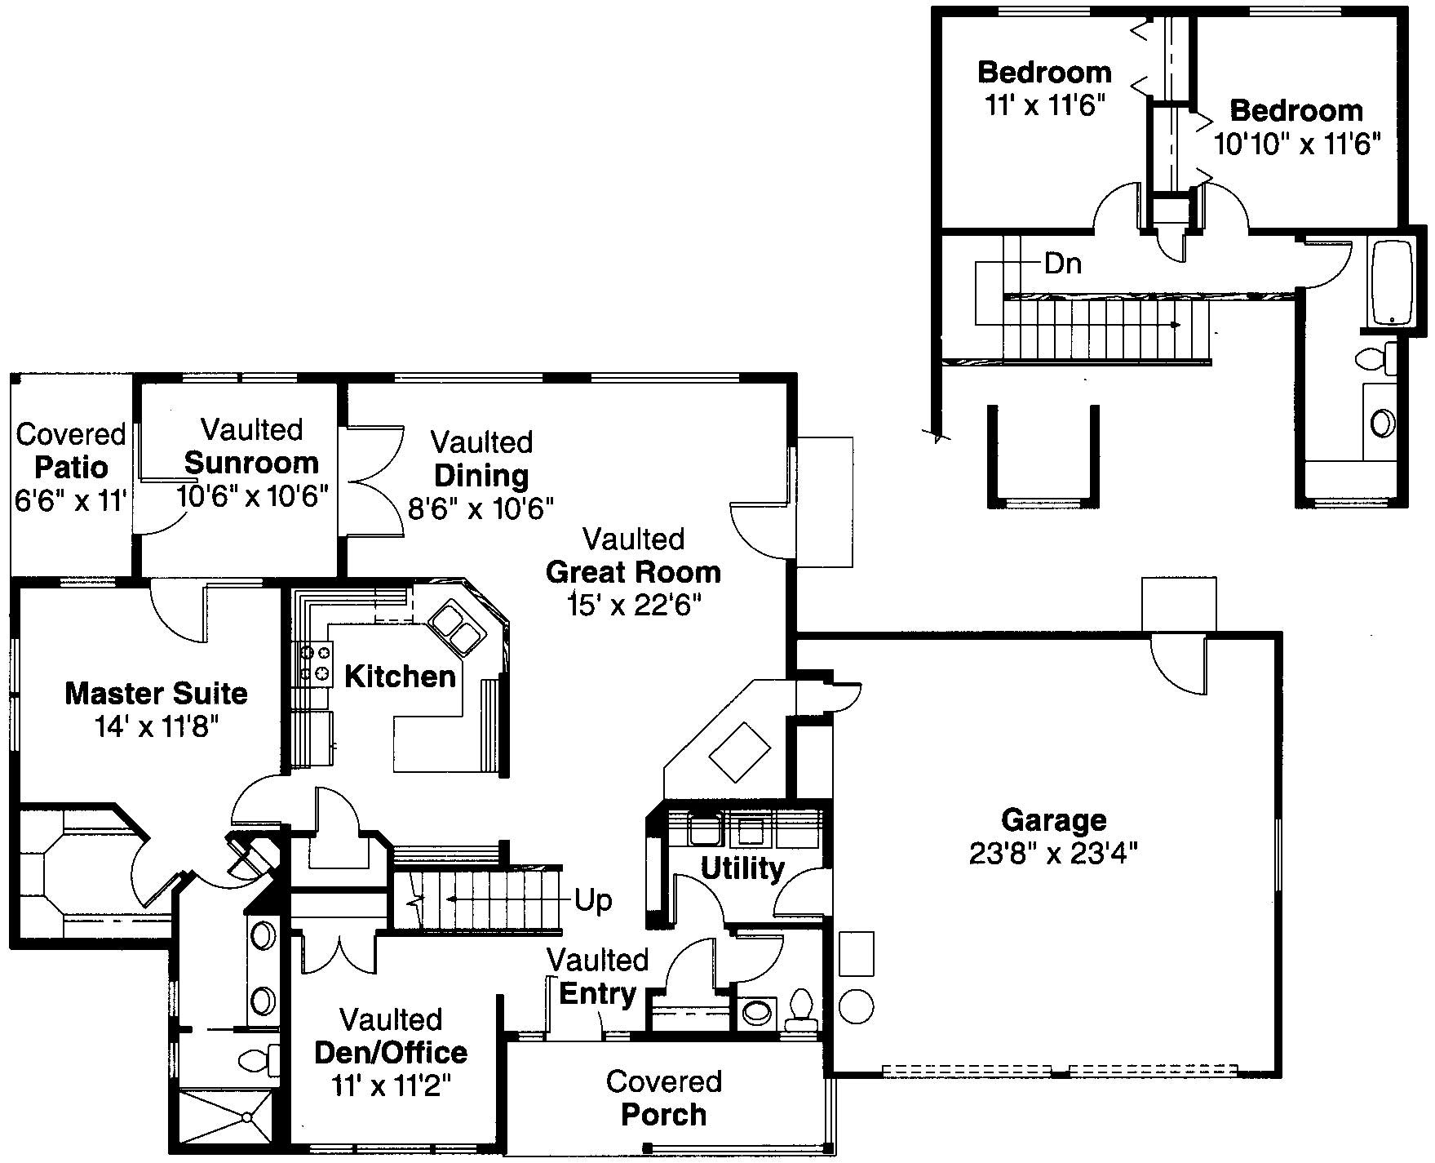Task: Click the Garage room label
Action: [1053, 819]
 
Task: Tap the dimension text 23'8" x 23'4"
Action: [1053, 854]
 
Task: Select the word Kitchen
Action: [400, 676]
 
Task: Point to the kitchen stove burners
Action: [317, 663]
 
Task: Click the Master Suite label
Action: [156, 693]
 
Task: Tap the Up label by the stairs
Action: [593, 900]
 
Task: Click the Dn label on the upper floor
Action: [1063, 264]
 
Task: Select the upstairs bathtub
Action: [1392, 282]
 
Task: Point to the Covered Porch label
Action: [663, 1098]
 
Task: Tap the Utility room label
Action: [742, 868]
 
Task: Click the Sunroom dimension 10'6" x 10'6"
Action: [252, 495]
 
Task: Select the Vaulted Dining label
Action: [481, 459]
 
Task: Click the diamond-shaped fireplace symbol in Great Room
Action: [740, 752]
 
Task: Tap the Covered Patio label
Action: [71, 451]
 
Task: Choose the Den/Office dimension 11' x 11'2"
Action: [391, 1085]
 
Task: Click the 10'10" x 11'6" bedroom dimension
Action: [1296, 144]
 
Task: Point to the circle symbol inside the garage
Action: [856, 1006]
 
